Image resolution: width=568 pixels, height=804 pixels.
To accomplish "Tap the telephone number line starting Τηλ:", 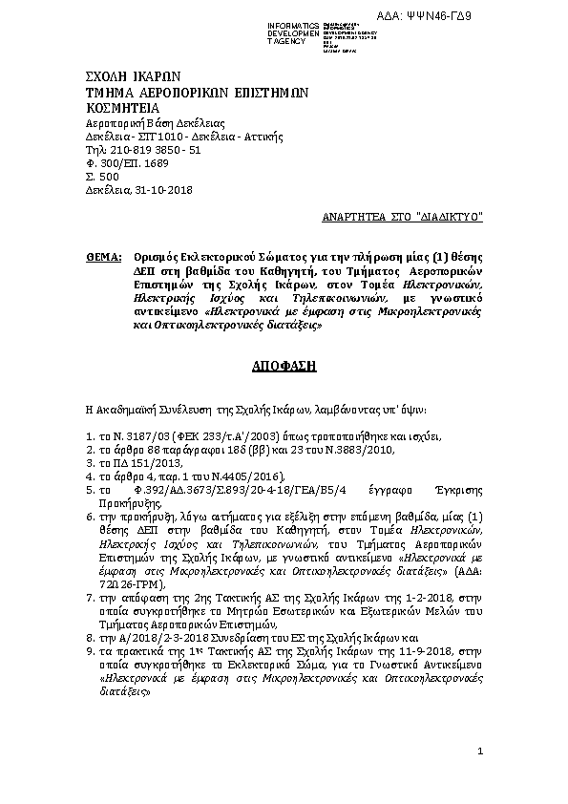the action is (x=143, y=150).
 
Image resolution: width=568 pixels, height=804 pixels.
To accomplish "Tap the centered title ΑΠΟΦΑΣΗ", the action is (x=284, y=366).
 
